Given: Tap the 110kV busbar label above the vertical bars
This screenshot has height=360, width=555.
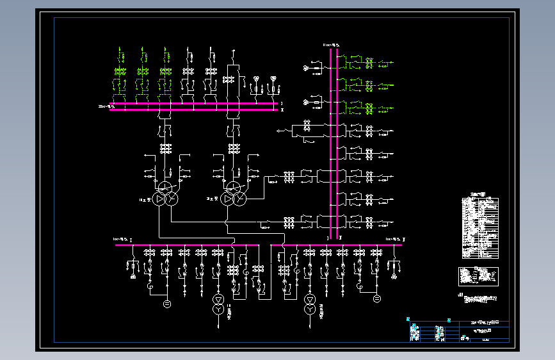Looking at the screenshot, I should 331,45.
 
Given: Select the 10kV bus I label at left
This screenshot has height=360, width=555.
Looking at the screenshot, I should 122,239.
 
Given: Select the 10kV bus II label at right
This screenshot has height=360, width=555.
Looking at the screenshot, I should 390,239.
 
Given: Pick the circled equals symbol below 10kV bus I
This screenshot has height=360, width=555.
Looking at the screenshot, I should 167,302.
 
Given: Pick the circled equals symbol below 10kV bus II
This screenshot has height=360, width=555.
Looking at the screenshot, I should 376,299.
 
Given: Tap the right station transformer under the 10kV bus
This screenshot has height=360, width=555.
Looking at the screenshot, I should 310,304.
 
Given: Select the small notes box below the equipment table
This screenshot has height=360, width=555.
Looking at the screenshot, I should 478,276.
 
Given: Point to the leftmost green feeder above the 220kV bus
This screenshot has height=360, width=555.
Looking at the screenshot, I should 120,70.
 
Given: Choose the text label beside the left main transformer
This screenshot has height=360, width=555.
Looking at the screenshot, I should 144,200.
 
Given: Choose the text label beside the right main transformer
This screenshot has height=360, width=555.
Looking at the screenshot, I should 212,200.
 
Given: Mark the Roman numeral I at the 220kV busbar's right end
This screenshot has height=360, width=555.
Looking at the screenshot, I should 282,102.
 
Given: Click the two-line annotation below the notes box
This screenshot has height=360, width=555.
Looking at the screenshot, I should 480,299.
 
